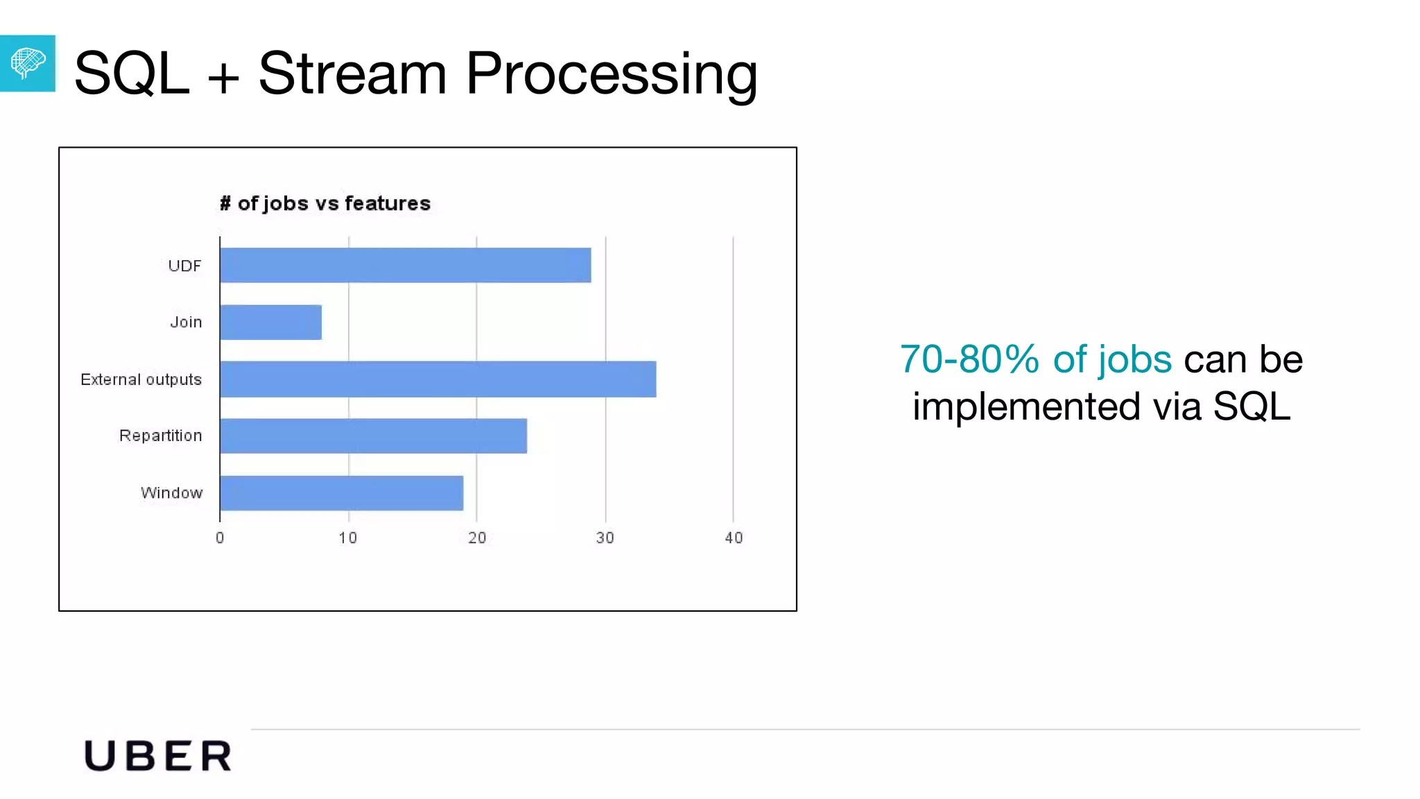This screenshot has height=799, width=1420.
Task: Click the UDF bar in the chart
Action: click(x=406, y=266)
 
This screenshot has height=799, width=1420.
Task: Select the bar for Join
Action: click(x=270, y=323)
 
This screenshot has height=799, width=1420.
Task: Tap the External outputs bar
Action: click(x=438, y=379)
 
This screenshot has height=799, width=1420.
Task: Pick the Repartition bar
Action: click(x=373, y=436)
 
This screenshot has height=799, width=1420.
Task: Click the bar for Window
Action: click(x=341, y=493)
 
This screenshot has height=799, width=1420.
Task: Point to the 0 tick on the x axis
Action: click(x=220, y=538)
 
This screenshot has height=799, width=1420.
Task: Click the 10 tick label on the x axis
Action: click(x=348, y=538)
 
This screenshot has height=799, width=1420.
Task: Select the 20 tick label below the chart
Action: click(x=477, y=538)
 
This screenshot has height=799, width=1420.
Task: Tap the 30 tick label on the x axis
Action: click(x=605, y=538)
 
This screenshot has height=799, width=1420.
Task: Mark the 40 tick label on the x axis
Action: click(x=734, y=538)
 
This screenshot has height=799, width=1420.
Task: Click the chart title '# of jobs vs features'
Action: click(x=325, y=204)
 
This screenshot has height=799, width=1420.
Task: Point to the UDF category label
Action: click(x=184, y=266)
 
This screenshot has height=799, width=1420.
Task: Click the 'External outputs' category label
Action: click(x=141, y=380)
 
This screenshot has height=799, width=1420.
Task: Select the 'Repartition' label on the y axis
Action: click(x=160, y=436)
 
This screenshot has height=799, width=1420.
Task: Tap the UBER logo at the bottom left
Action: click(x=158, y=756)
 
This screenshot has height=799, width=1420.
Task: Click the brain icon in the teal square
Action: click(x=28, y=63)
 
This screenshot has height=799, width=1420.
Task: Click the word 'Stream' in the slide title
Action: click(x=352, y=74)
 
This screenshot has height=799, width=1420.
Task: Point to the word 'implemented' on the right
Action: click(x=1026, y=406)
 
